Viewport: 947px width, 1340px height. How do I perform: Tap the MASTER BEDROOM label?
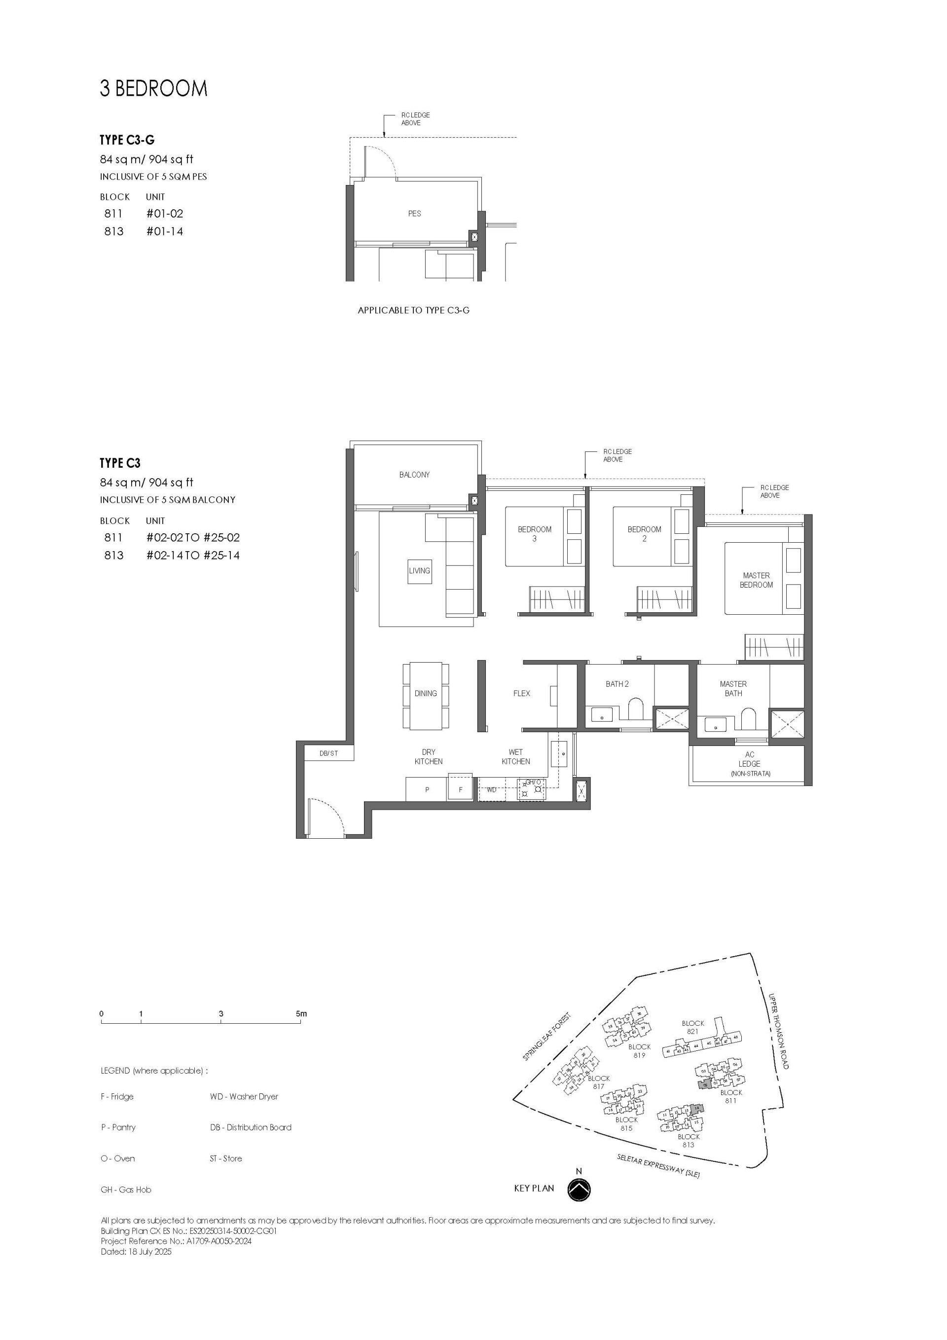click(756, 580)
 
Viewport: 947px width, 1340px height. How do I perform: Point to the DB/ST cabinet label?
click(328, 753)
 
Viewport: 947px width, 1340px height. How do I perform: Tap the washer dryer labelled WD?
click(492, 789)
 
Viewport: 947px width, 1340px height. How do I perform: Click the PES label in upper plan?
click(414, 214)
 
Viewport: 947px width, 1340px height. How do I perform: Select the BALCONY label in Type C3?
click(414, 475)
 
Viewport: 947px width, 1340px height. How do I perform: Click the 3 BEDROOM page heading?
click(153, 89)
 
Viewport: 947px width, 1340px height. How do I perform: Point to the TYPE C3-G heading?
click(127, 140)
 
